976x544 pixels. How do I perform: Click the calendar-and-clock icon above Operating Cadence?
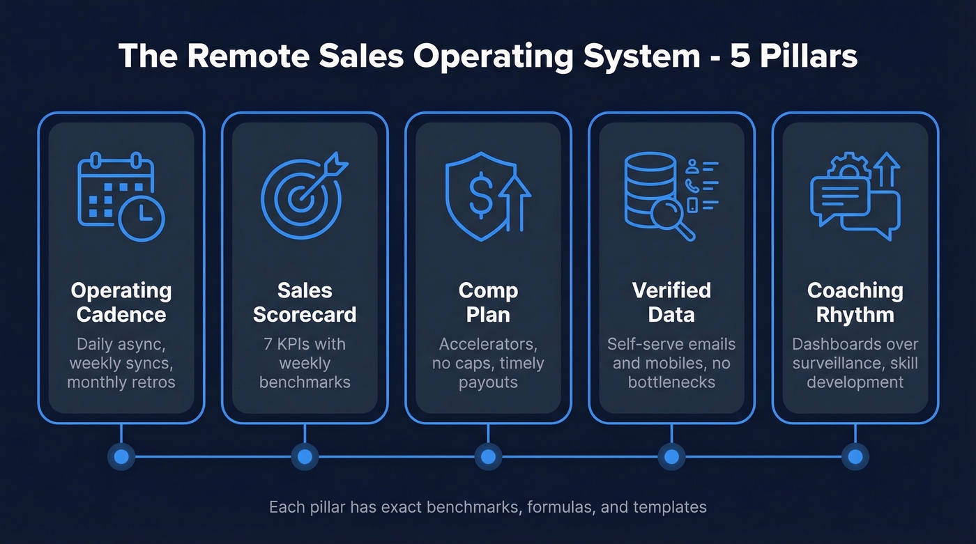(121, 197)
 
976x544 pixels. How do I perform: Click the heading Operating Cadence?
(121, 302)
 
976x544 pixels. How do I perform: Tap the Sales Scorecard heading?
(305, 302)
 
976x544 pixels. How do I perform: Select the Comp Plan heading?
(488, 302)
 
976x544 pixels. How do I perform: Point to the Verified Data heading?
(671, 302)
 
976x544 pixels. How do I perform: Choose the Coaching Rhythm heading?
(855, 302)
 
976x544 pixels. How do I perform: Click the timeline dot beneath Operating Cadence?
(121, 457)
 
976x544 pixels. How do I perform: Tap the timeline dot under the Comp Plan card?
(488, 457)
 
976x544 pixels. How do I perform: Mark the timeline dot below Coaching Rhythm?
(855, 457)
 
